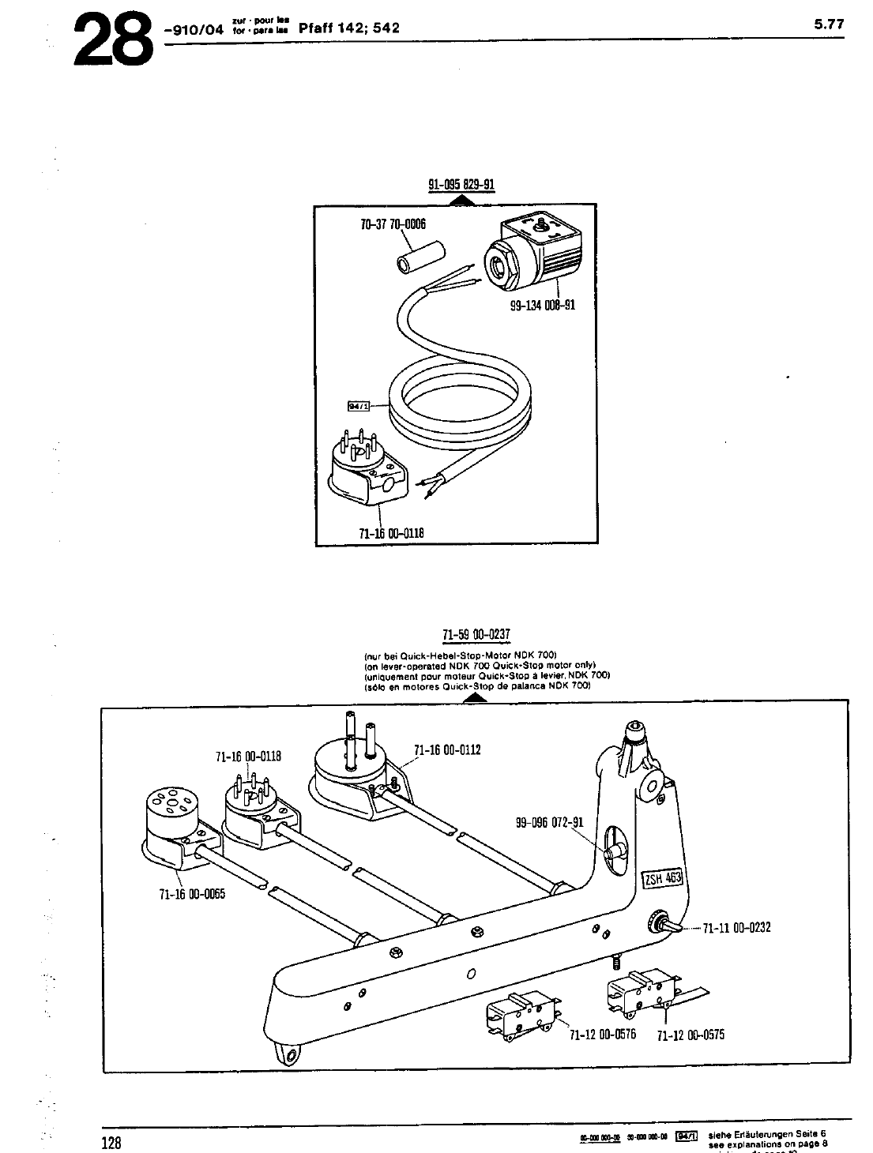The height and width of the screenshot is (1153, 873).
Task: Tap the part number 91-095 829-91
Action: [461, 186]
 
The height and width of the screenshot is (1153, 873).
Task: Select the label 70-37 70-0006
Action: [393, 224]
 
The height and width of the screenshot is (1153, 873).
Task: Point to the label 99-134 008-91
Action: [542, 304]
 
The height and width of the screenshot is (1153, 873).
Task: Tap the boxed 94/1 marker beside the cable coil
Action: [359, 406]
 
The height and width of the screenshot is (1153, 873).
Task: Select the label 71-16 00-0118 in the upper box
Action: [392, 532]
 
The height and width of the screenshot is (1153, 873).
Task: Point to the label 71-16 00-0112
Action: [447, 749]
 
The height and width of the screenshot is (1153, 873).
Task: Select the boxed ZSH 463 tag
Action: [662, 877]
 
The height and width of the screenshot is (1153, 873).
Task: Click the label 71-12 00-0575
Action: [690, 1035]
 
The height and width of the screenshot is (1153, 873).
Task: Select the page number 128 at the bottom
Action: [111, 1143]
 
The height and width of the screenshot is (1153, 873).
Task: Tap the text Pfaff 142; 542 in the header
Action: [350, 28]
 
